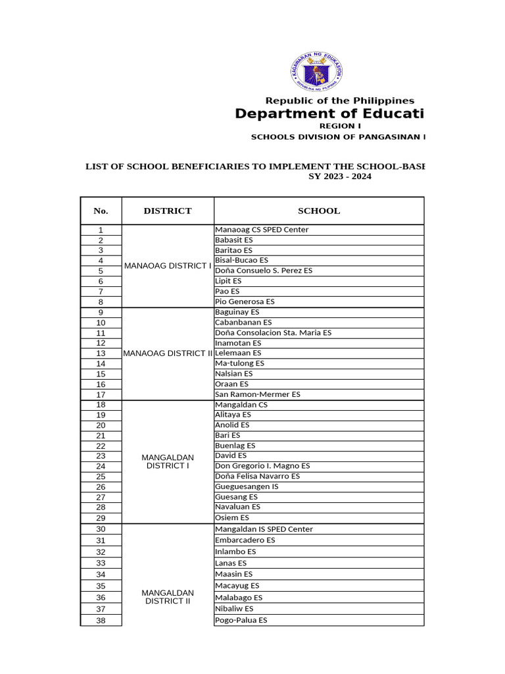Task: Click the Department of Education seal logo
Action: [x=316, y=71]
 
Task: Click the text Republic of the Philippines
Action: [x=339, y=101]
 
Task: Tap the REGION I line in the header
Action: [x=340, y=126]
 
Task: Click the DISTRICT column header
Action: [x=168, y=211]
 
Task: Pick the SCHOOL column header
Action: [x=319, y=211]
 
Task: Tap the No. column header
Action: [x=101, y=211]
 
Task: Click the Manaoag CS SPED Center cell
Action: [x=262, y=230]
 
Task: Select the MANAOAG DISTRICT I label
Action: [x=168, y=266]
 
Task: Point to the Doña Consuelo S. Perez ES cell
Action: [x=264, y=271]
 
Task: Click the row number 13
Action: [x=101, y=353]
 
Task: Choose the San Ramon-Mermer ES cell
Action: [x=258, y=394]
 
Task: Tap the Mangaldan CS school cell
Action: [x=241, y=405]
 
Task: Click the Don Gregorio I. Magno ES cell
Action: [x=262, y=466]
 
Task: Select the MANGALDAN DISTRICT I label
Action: [x=168, y=461]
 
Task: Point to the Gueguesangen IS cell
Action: [x=247, y=486]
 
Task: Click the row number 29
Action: [x=101, y=518]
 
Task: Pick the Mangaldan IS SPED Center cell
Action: [x=264, y=529]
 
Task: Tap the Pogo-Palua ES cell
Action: [x=241, y=620]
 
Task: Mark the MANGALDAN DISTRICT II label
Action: [x=168, y=596]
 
